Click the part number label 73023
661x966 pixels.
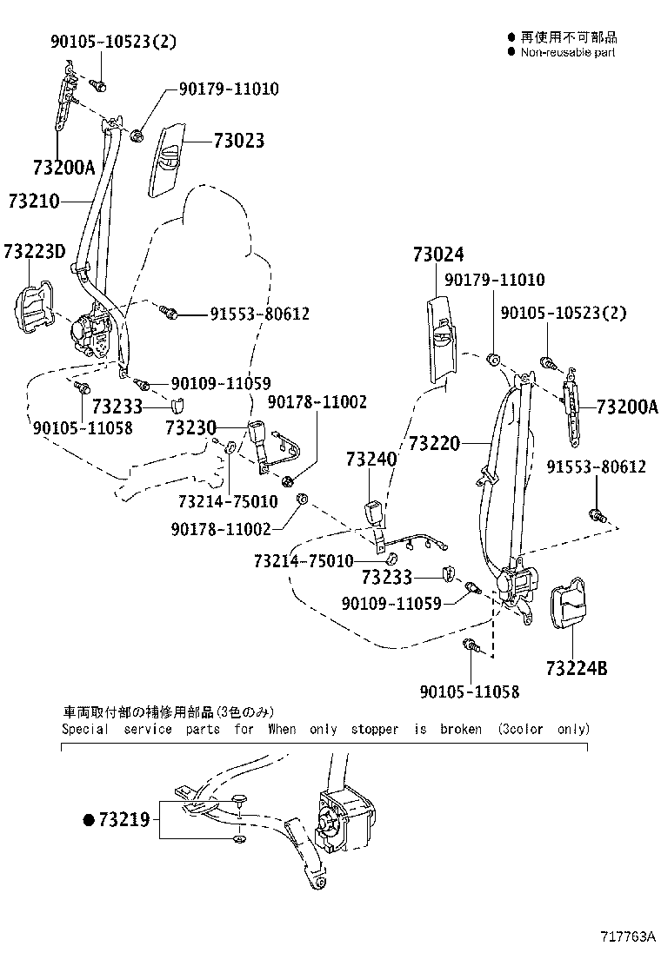point(236,142)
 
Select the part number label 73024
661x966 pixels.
point(438,255)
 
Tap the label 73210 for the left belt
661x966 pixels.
point(33,202)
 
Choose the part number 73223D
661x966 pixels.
point(34,252)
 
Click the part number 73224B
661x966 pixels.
point(577,668)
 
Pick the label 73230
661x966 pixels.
point(190,427)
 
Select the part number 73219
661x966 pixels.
point(124,818)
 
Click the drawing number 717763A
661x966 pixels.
point(627,936)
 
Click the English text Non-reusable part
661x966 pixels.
point(568,52)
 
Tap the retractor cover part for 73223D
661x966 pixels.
point(31,308)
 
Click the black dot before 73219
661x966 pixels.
point(88,819)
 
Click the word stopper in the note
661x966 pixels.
point(374,730)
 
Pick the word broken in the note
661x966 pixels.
point(460,730)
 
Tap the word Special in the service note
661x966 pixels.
point(85,730)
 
